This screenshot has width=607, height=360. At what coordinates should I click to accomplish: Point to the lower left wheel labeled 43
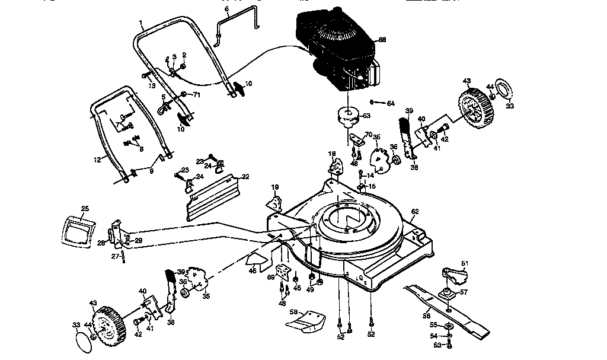(108, 328)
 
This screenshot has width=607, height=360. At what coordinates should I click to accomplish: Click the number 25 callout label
(85, 209)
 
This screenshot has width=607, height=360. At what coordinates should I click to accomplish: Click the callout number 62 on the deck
(415, 211)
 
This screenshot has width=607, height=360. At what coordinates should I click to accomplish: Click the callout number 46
(253, 270)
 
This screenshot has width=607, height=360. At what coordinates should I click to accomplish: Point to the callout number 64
(390, 104)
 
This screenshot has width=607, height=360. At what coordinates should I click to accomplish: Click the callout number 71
(197, 95)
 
